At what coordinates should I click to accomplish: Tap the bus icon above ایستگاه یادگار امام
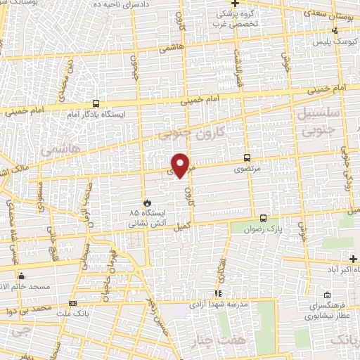96,103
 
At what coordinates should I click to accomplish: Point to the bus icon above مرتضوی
246,157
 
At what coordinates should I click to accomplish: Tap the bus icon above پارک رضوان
263,218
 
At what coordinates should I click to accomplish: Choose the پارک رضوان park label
266,229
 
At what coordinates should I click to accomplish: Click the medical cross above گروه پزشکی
245,4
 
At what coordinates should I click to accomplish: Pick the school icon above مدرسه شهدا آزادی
218,293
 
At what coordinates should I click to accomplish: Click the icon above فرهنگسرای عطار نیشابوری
327,296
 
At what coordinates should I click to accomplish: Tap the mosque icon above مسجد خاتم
21,275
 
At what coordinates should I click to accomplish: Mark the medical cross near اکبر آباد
353,259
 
